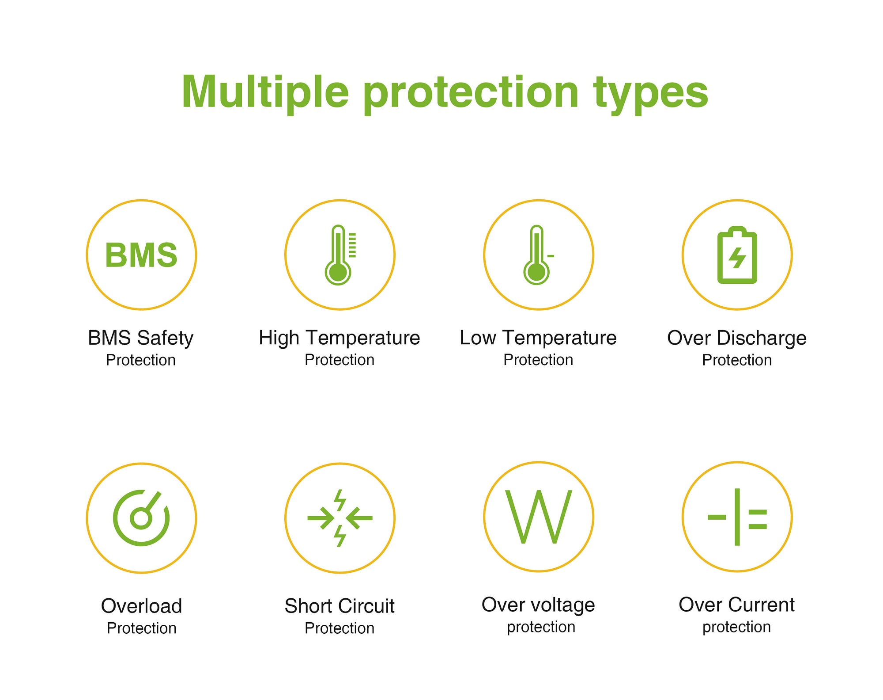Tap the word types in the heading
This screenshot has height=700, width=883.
(x=651, y=95)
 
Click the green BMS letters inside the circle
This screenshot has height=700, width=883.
(x=141, y=255)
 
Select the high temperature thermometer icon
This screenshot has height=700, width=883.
(x=340, y=255)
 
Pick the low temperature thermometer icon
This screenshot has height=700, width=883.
(x=538, y=255)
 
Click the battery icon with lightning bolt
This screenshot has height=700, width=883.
(x=737, y=255)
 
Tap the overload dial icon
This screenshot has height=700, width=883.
(x=141, y=517)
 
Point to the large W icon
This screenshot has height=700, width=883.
(x=539, y=517)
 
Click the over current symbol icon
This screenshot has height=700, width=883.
(x=737, y=517)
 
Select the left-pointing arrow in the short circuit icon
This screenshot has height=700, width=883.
(x=359, y=517)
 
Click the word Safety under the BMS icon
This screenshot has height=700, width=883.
(x=165, y=339)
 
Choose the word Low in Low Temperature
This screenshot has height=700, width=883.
(x=478, y=338)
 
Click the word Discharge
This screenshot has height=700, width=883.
(x=762, y=339)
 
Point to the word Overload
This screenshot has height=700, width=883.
(x=141, y=606)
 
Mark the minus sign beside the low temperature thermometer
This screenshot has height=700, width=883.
(x=551, y=256)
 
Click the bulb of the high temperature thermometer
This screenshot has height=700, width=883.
(x=338, y=272)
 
